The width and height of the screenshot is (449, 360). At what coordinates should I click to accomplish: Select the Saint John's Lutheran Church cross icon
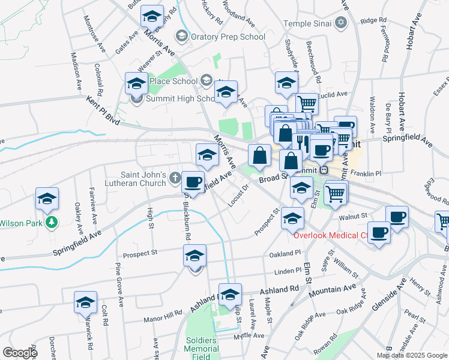pyautogui.click(x=175, y=177)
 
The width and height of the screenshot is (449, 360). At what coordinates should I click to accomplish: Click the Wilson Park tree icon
pyautogui.click(x=52, y=223)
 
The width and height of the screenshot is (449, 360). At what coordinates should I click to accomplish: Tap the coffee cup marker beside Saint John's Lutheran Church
pyautogui.click(x=193, y=182)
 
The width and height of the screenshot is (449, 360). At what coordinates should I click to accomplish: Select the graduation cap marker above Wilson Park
pyautogui.click(x=47, y=200)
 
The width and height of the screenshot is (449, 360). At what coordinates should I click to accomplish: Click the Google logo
pyautogui.click(x=20, y=353)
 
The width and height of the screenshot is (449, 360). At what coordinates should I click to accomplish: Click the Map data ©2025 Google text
pyautogui.click(x=411, y=355)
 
